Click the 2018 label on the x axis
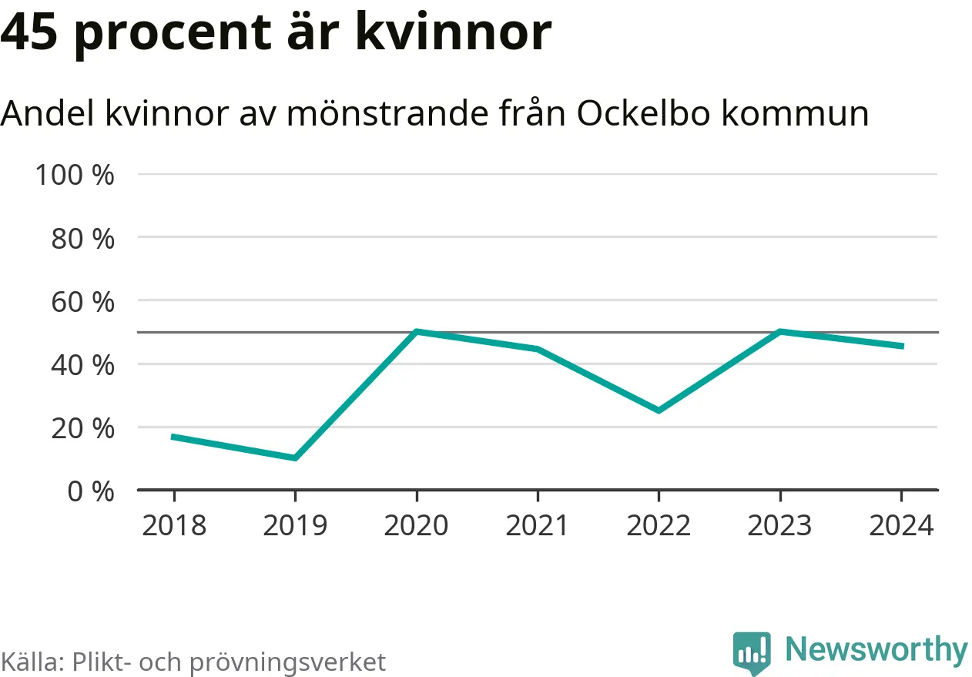174,525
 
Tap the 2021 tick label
537,525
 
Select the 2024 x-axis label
901,525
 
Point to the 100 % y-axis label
75,175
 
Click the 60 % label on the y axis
82,301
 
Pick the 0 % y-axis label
90,491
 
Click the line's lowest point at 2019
295,458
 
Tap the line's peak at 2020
416,332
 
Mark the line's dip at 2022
659,411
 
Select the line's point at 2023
780,332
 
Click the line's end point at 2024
901,346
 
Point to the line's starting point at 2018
174,437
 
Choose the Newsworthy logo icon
751,653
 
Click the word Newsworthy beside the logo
876,650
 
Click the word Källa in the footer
31,662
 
